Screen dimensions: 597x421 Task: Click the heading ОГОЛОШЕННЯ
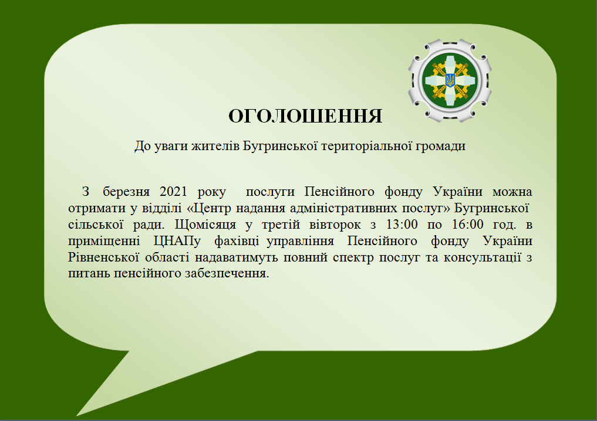[x=305, y=116]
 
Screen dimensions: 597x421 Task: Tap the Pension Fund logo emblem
[x=450, y=81]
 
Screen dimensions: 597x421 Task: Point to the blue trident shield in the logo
[x=450, y=80]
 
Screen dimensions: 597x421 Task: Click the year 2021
[x=173, y=191]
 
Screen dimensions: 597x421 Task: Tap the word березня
[x=126, y=192]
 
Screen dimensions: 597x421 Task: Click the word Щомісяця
[x=205, y=225]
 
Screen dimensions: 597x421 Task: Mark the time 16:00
[x=467, y=225]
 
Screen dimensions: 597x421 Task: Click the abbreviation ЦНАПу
[x=177, y=242]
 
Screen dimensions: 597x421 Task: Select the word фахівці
[x=237, y=242]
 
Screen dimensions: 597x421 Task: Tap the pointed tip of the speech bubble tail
[x=76, y=416]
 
